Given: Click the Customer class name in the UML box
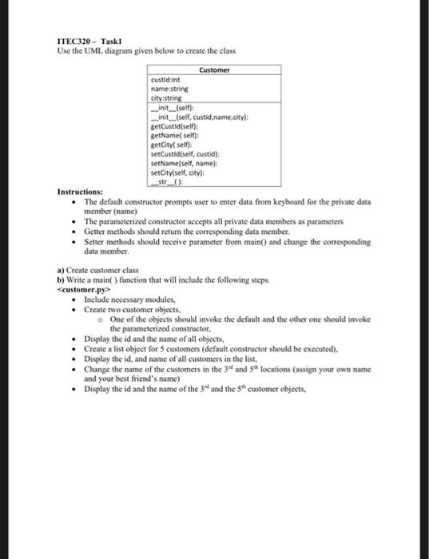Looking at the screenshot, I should click(x=215, y=70).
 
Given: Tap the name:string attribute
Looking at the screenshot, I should click(x=169, y=89).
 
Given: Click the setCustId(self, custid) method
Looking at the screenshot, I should click(x=181, y=153).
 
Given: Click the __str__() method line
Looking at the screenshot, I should click(x=167, y=180).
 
